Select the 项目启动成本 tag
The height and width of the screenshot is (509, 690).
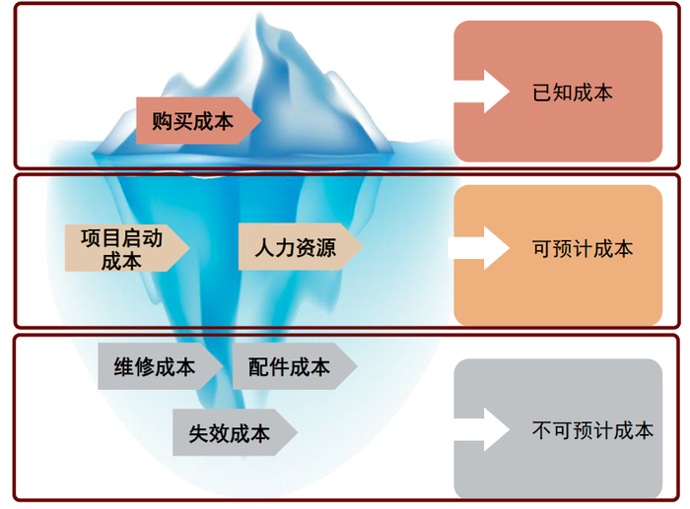(x=123, y=248)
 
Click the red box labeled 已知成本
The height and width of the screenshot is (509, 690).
(x=558, y=91)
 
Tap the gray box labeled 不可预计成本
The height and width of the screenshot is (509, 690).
(x=558, y=428)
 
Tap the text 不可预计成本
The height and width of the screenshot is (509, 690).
(x=592, y=430)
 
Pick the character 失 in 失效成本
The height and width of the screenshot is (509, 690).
(x=199, y=434)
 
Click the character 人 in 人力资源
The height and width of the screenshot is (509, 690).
(x=263, y=248)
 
